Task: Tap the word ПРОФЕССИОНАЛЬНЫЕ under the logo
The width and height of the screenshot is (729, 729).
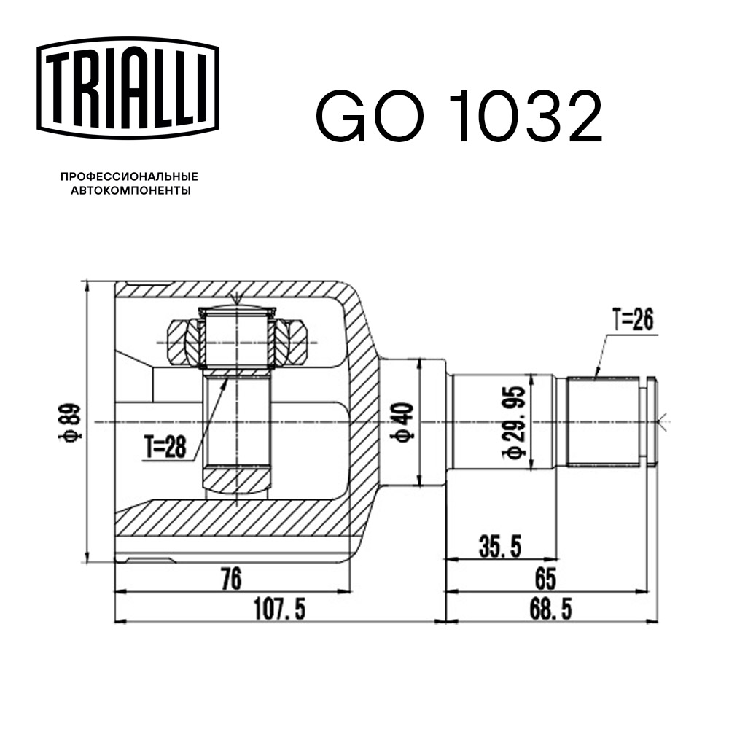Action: tap(129, 177)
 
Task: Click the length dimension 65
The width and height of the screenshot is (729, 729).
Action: tap(545, 579)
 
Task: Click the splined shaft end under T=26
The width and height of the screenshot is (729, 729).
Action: tap(605, 421)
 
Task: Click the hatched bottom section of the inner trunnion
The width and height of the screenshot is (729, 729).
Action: tap(238, 480)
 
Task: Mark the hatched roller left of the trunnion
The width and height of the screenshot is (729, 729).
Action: tap(182, 343)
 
